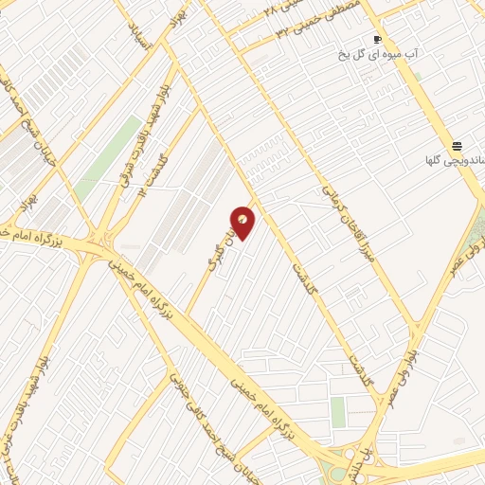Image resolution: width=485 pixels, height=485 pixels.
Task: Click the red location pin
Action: (x=243, y=222)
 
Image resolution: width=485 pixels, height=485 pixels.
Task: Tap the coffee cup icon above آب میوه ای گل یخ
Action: (x=378, y=40)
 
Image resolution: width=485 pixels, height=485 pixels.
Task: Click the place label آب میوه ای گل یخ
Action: (x=386, y=55)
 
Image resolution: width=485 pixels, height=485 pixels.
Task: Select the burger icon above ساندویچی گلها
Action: (x=458, y=145)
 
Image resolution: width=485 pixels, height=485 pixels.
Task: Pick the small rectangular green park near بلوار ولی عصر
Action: (x=338, y=412)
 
